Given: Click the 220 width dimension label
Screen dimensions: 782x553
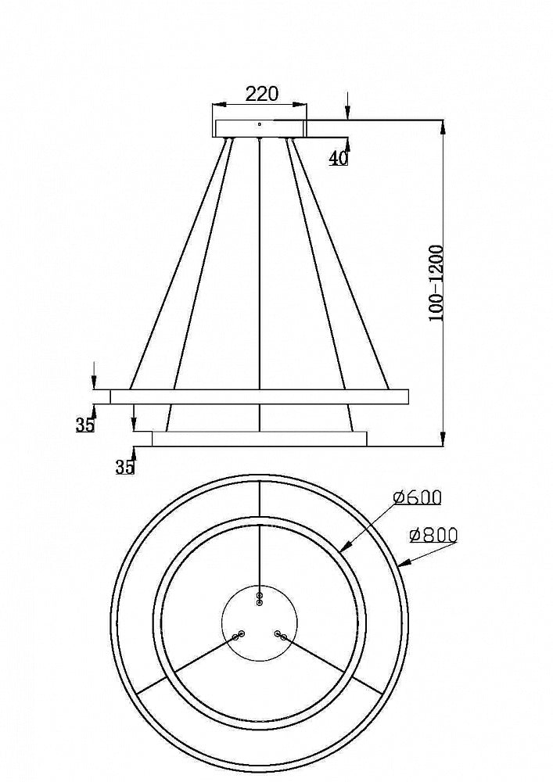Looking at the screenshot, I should click(262, 94).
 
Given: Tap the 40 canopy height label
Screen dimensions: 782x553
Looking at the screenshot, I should click(338, 157).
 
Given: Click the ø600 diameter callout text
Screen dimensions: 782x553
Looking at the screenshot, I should click(418, 497).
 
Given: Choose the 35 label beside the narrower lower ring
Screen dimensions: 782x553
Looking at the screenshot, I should click(124, 467).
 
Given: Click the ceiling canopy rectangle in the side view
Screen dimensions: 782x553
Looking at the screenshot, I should click(260, 128).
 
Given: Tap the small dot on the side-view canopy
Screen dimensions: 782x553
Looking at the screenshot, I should click(260, 123).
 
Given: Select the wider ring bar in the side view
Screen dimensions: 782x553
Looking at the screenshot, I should click(259, 396).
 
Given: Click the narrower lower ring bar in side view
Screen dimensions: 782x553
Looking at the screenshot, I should click(259, 439).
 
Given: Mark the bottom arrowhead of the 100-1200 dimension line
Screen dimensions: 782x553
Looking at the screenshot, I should click(443, 439).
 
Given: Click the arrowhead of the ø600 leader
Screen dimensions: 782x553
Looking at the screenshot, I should click(344, 549).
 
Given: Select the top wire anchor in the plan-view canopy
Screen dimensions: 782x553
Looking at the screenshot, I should click(260, 599).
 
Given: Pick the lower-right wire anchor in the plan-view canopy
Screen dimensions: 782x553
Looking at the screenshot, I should click(281, 635).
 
